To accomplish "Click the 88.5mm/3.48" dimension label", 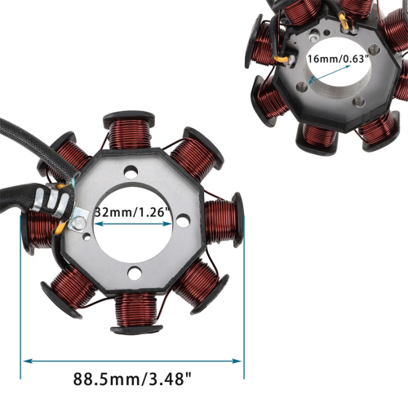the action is click(132, 379).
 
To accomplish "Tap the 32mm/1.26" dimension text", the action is click(132, 212).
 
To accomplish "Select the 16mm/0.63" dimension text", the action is click(338, 59).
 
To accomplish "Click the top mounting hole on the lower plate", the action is click(131, 171).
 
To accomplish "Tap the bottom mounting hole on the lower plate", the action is click(135, 273).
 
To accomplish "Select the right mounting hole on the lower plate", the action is click(183, 220).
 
